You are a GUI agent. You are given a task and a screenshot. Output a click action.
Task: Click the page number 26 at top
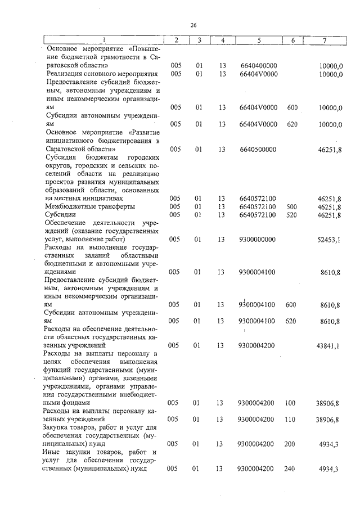[192, 25]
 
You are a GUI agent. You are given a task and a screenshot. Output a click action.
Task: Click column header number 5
[258, 40]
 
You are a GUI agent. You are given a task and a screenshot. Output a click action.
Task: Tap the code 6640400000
[258, 66]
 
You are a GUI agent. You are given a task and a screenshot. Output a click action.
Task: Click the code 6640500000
[258, 150]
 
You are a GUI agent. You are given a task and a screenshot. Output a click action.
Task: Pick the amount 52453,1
[330, 240]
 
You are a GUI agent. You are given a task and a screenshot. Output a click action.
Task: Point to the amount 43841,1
[330, 345]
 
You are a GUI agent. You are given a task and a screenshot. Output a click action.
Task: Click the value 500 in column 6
[291, 207]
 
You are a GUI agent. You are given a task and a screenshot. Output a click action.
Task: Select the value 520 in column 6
[291, 215]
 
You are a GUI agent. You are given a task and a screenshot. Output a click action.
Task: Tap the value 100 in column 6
[290, 403]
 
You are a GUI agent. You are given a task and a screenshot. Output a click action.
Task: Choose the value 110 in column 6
[290, 420]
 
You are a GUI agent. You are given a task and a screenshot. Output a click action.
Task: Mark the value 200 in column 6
[290, 444]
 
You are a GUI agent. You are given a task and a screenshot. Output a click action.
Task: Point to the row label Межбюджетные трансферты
[82, 206]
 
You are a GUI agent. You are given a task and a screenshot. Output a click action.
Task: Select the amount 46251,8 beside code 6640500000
[330, 150]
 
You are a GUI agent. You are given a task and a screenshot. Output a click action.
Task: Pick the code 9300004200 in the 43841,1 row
[256, 345]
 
